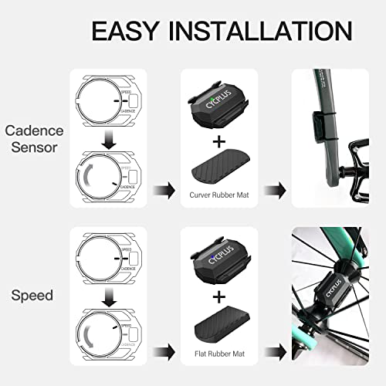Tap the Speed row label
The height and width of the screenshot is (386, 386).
pyautogui.click(x=32, y=295)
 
